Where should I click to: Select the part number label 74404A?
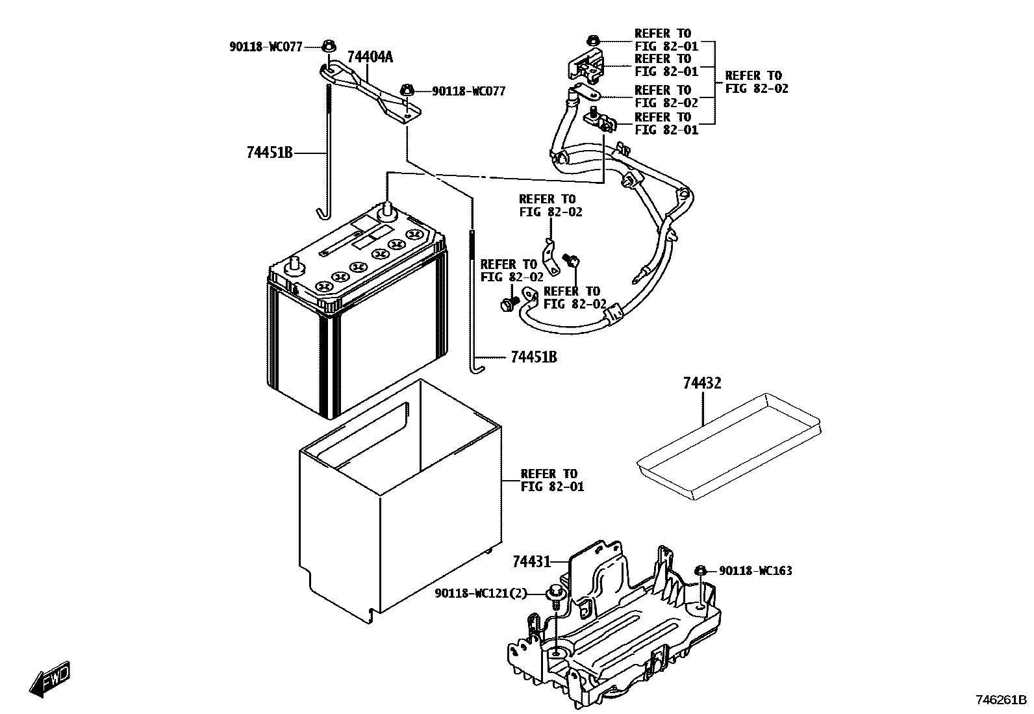(x=370, y=57)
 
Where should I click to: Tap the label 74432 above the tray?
(x=701, y=383)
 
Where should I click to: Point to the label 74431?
(x=531, y=561)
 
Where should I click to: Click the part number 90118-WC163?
(x=755, y=571)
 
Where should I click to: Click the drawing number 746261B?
(x=1000, y=700)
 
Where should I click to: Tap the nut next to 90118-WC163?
(x=701, y=570)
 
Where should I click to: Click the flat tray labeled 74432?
(x=727, y=448)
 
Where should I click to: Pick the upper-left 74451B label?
(x=270, y=153)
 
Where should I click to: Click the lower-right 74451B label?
(x=533, y=357)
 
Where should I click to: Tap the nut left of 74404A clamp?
(x=329, y=46)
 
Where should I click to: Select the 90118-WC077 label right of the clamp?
(x=468, y=92)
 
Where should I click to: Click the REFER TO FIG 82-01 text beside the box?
(x=552, y=480)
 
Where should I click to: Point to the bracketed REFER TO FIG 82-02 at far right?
(x=756, y=82)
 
